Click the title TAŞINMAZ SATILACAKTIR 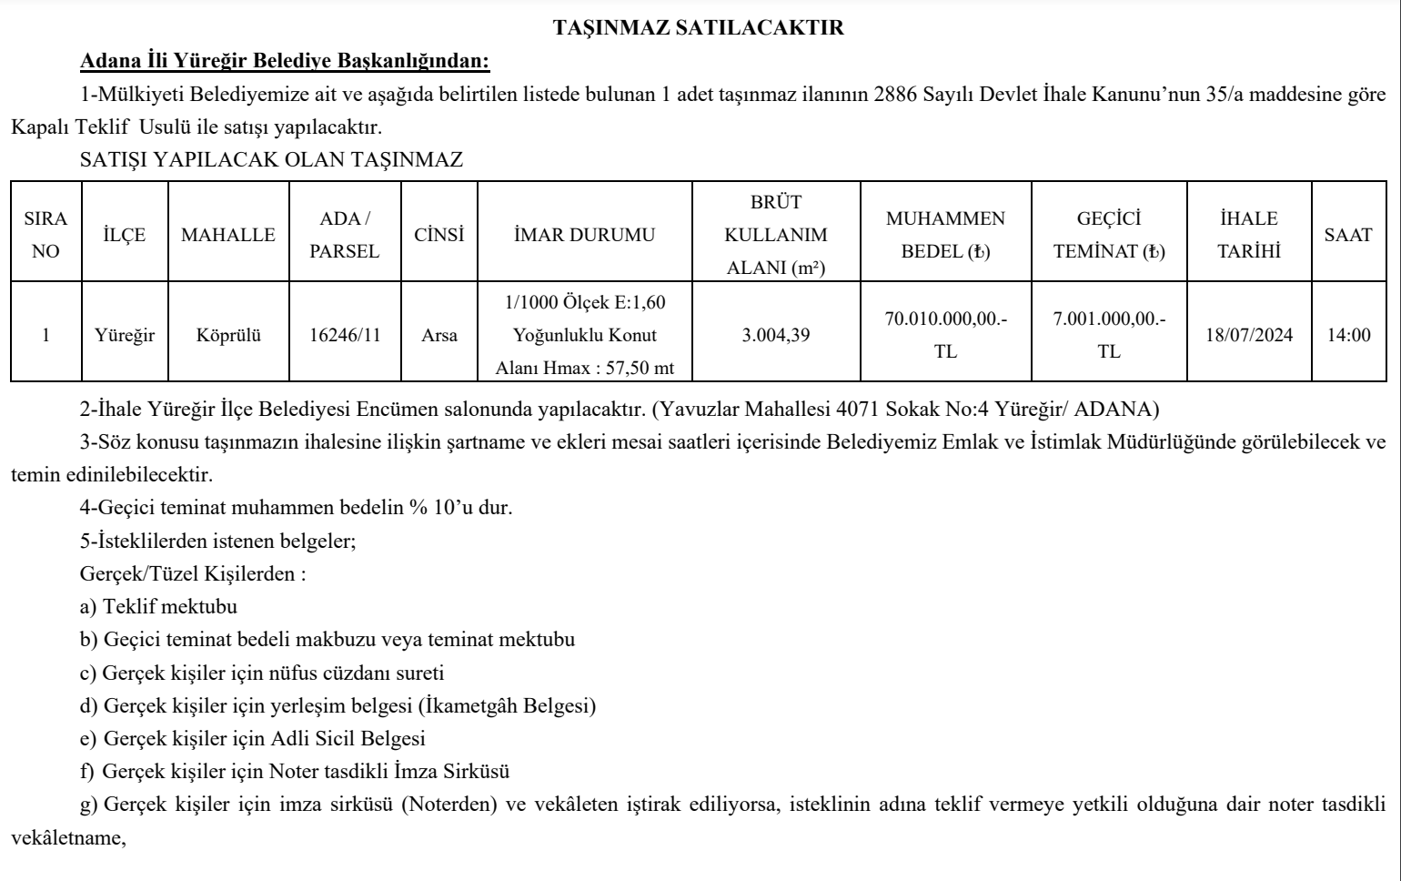(x=699, y=28)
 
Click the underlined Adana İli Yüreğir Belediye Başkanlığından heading (x=285, y=62)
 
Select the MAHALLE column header (x=227, y=235)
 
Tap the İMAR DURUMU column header (x=584, y=235)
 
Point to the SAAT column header (x=1348, y=235)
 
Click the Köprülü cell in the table (x=228, y=335)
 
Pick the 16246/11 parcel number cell (x=345, y=335)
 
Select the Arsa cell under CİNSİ (x=439, y=335)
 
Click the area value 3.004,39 (x=775, y=335)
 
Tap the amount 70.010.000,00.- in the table (x=945, y=319)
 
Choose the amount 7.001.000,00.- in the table (x=1109, y=319)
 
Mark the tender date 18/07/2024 (x=1249, y=335)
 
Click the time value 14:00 (x=1348, y=335)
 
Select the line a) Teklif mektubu (x=158, y=606)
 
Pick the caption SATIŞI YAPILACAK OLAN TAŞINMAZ (x=271, y=160)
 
